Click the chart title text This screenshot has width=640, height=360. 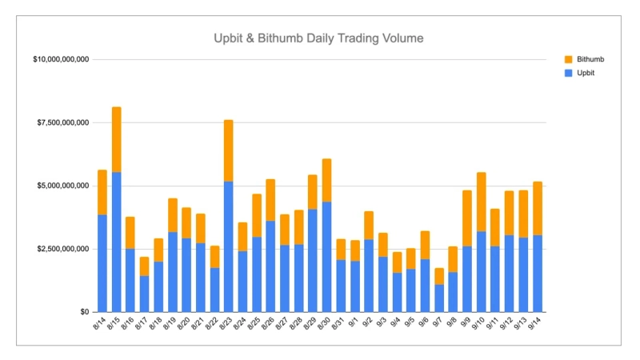point(318,38)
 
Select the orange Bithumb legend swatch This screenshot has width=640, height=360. point(569,59)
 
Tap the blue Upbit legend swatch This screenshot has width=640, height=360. point(569,73)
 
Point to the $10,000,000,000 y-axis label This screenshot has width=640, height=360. point(61,59)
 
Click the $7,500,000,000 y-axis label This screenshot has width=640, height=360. point(63,122)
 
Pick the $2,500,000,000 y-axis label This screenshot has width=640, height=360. point(63,249)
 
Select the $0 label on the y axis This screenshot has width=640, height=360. point(83,312)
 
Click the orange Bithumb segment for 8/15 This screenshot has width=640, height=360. point(116,139)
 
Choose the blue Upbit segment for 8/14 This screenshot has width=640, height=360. point(102,263)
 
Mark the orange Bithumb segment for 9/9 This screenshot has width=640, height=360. point(466,218)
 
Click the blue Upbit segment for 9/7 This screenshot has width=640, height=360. point(438,298)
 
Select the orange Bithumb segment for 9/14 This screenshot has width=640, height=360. point(537,208)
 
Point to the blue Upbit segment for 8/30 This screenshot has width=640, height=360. point(326,257)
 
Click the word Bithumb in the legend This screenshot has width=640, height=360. point(590,59)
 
